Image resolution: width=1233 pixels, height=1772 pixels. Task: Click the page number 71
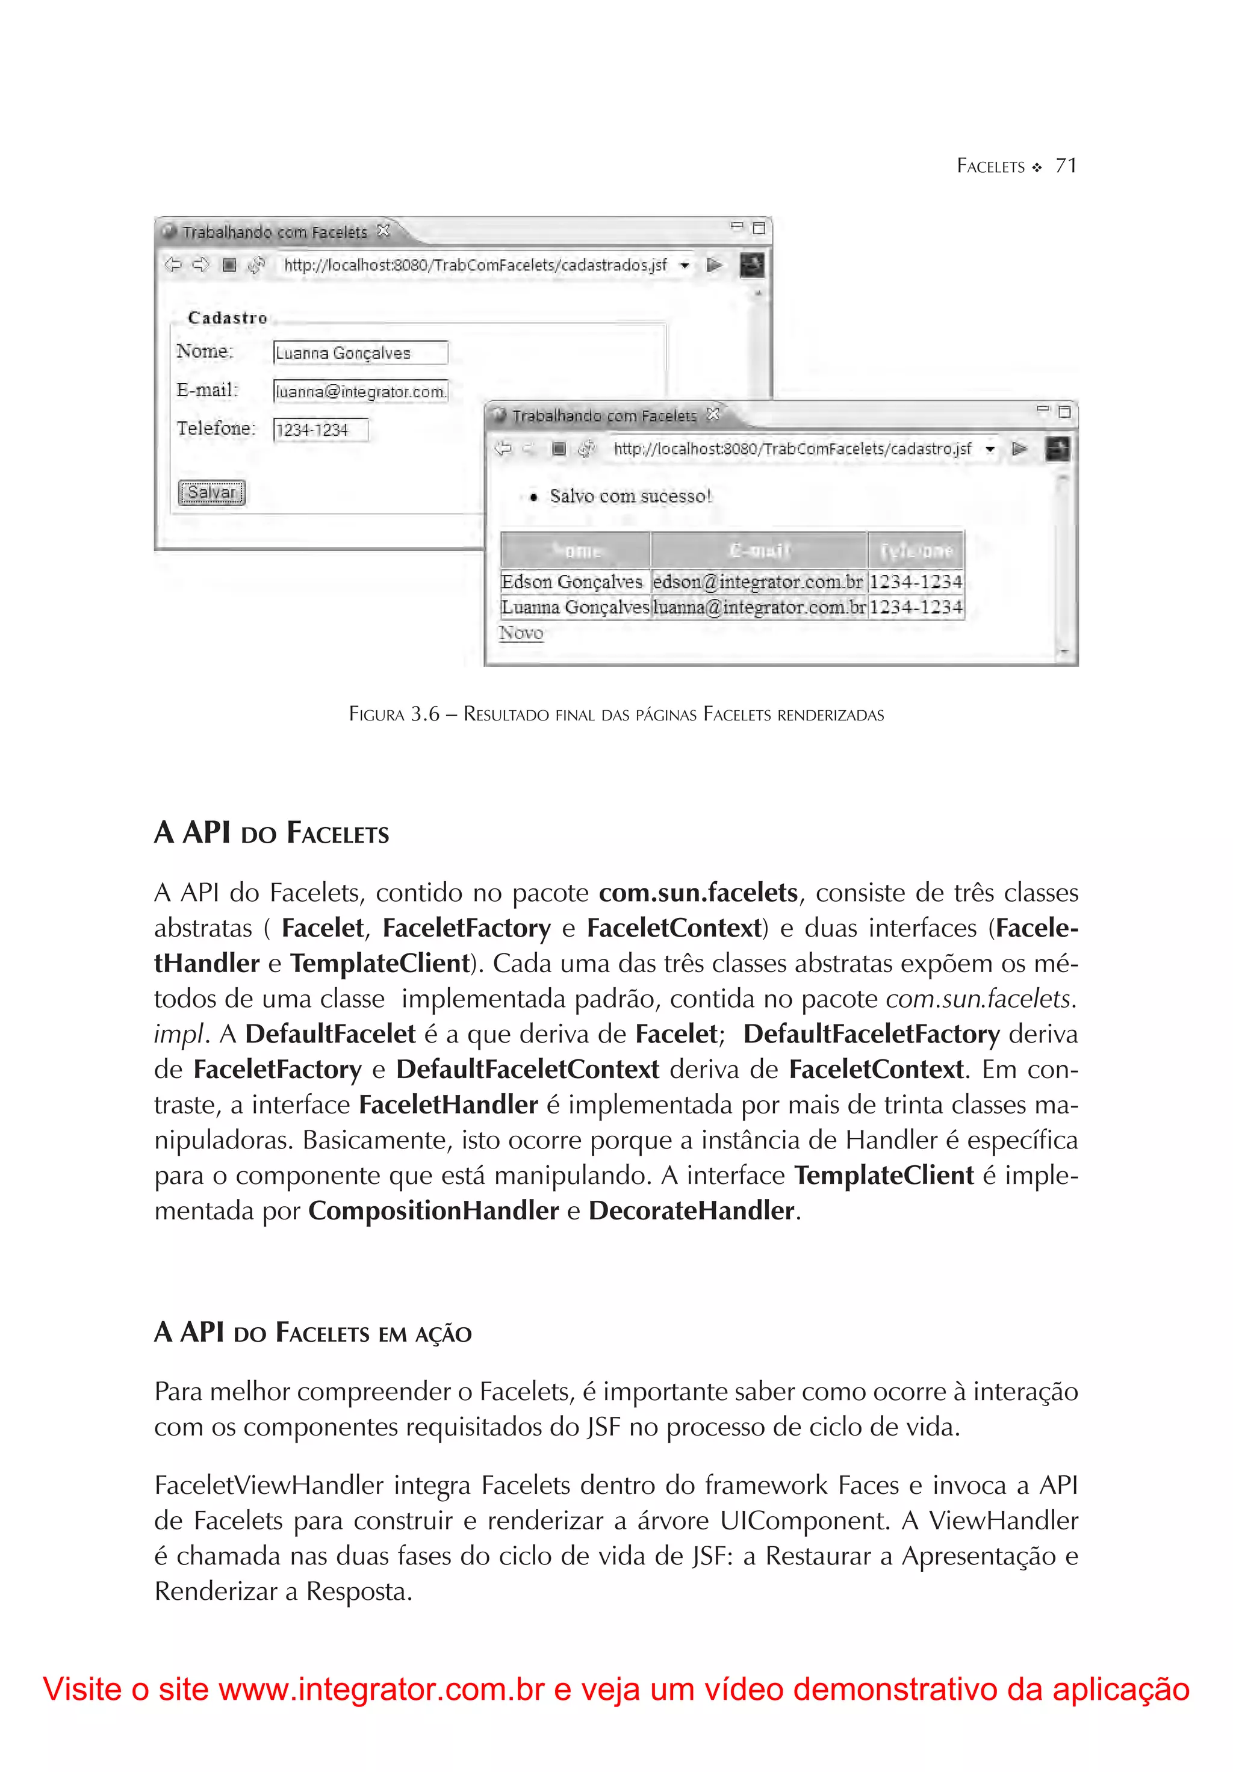(1066, 166)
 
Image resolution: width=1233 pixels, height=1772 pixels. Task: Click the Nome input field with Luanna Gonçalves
(360, 353)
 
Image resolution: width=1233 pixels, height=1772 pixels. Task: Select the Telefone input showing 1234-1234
(320, 430)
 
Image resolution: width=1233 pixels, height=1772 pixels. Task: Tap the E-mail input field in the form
(360, 391)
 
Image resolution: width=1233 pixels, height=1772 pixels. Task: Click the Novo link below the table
(521, 633)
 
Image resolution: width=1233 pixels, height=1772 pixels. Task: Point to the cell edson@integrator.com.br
(757, 582)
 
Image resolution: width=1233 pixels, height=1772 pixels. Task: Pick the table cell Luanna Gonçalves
(574, 607)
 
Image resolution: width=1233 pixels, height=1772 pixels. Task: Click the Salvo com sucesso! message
(630, 496)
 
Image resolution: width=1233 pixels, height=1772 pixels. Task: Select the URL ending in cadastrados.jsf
(475, 265)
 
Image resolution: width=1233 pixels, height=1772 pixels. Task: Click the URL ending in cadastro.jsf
(792, 449)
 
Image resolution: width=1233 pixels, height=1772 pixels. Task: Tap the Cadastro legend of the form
(227, 318)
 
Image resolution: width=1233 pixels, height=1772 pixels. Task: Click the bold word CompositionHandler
(433, 1211)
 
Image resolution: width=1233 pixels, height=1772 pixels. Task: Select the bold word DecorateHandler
(691, 1211)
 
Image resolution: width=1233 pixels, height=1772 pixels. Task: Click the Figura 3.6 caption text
(616, 714)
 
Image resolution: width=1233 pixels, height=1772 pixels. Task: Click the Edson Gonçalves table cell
(571, 582)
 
